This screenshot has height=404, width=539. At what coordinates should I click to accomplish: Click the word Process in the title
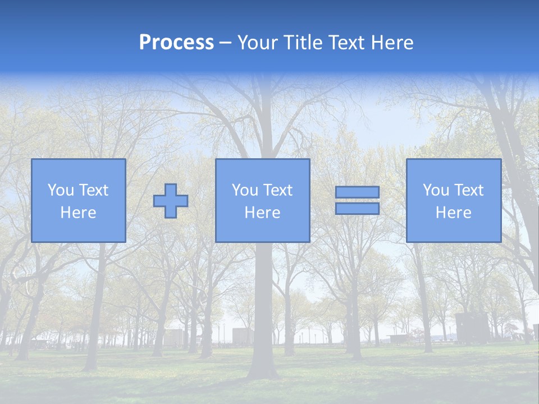pos(176,43)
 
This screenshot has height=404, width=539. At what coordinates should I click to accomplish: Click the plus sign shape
pos(171,201)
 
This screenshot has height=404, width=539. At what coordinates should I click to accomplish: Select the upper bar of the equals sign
pos(357,192)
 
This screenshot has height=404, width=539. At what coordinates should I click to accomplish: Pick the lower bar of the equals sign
pos(357,209)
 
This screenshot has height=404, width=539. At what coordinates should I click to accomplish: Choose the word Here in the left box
pos(78,213)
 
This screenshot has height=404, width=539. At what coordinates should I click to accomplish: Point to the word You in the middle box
pos(244,190)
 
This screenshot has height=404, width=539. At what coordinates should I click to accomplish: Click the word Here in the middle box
pos(262,213)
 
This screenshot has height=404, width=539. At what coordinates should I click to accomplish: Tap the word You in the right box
pos(435,190)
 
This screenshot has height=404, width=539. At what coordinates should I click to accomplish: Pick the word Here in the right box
pos(453,213)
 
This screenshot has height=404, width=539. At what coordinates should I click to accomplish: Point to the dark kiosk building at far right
pos(472,328)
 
